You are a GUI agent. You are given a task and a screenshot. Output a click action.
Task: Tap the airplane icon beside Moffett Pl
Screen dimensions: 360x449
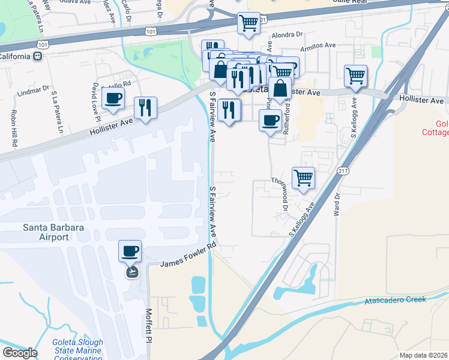click(x=131, y=272)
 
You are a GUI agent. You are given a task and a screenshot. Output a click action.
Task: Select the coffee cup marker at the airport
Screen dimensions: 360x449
click(x=130, y=251)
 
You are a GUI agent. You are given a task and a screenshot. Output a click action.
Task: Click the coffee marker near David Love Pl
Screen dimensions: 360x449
click(x=113, y=98)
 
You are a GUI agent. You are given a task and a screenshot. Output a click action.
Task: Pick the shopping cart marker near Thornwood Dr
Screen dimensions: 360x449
click(x=304, y=178)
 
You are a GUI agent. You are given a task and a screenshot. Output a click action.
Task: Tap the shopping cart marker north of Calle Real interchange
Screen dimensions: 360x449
click(x=249, y=23)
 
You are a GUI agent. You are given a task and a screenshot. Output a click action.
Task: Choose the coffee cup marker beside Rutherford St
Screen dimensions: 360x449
click(x=271, y=121)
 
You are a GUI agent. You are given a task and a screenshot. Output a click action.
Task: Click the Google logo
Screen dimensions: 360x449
click(x=20, y=352)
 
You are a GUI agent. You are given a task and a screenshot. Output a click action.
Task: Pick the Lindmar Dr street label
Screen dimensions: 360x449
click(x=33, y=91)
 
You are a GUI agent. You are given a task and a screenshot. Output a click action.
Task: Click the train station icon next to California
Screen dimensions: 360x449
click(x=38, y=56)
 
